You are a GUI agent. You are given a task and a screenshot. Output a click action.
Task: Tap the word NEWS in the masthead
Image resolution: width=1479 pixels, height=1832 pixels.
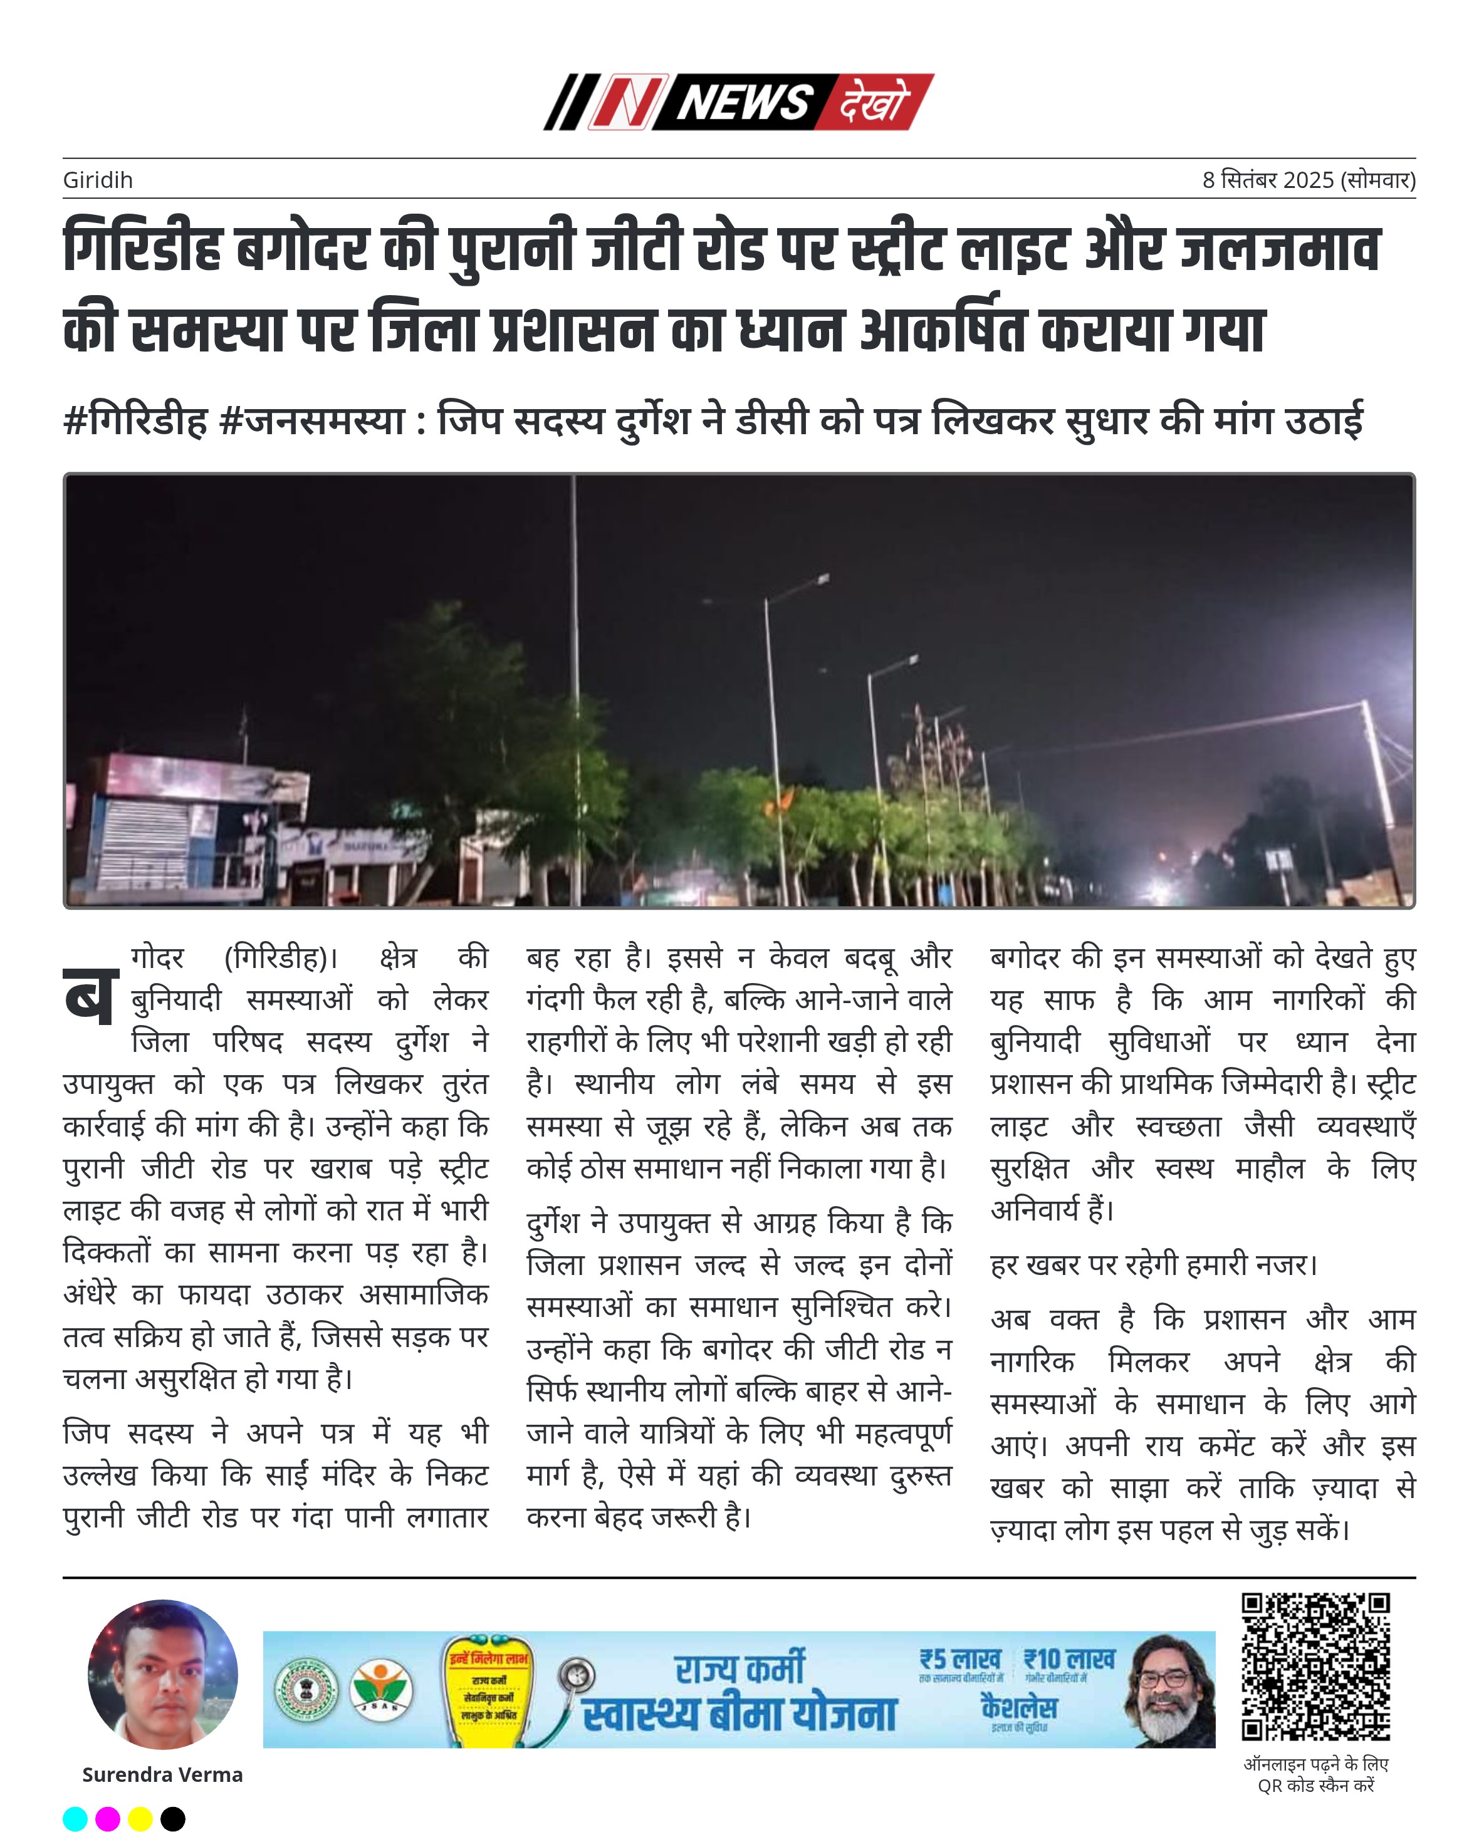pos(743,102)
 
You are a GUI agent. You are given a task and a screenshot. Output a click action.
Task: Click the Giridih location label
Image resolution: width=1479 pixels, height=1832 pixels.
pos(97,180)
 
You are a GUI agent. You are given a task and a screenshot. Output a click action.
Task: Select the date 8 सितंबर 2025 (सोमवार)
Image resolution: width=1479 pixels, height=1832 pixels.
pos(1308,180)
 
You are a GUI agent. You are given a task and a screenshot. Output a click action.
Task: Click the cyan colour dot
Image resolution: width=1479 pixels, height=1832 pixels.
pos(75,1818)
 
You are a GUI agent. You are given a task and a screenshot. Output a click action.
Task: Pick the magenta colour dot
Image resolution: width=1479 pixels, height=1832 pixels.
pos(107,1818)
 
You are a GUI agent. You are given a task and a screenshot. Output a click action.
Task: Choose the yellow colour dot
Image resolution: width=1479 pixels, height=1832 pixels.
pos(140,1818)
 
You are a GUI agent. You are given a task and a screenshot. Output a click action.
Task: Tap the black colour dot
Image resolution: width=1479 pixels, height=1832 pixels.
pos(172,1818)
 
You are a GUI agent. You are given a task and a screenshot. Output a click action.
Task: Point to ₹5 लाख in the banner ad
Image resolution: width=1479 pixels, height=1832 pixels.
pos(959,1660)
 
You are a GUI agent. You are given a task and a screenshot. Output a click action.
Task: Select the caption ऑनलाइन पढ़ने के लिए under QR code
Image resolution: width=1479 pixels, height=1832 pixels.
pos(1315,1764)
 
